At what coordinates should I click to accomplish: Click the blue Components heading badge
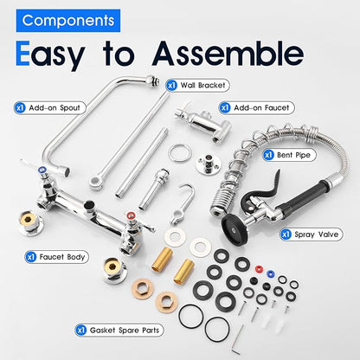[68, 21]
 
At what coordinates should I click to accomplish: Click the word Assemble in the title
[228, 54]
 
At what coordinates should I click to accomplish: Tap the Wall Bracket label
[197, 86]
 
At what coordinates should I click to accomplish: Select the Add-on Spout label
[50, 108]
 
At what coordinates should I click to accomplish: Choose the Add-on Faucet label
[256, 108]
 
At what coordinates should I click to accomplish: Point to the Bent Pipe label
[289, 155]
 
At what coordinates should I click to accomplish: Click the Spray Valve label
[312, 235]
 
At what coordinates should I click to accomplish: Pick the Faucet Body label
[57, 257]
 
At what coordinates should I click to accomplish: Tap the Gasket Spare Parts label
[119, 330]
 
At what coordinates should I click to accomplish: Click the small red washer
[259, 269]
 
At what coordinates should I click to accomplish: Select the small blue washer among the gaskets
[270, 273]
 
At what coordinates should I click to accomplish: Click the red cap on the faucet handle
[131, 215]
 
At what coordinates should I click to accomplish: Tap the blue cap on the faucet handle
[42, 170]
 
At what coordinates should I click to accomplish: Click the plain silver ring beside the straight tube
[180, 153]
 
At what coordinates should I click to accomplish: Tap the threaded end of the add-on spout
[153, 80]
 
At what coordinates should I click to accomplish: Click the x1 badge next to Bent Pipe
[268, 155]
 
